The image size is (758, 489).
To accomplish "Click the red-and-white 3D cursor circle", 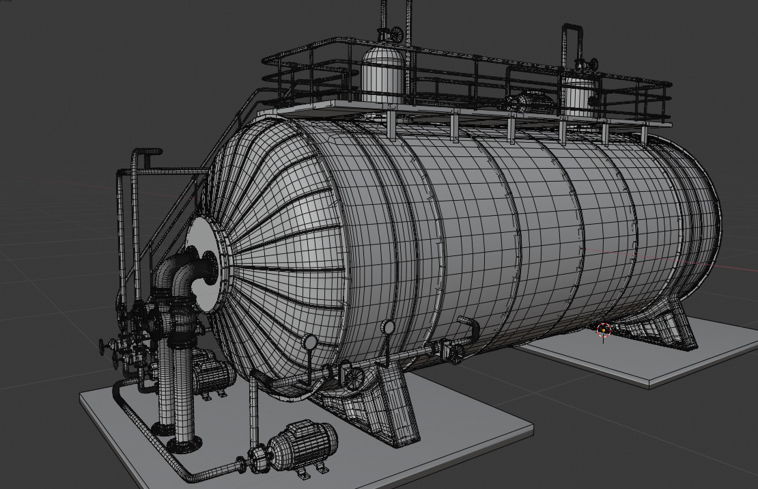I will pyautogui.click(x=604, y=331).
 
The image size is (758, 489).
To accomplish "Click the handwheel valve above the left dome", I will pyautogui.click(x=395, y=33).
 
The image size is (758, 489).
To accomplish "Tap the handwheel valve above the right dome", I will pyautogui.click(x=591, y=65).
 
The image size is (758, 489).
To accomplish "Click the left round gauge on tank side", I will pyautogui.click(x=310, y=341).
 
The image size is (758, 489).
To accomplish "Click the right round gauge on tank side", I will pyautogui.click(x=389, y=328).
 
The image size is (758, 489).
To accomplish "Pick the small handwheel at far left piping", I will pyautogui.click(x=104, y=346).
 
